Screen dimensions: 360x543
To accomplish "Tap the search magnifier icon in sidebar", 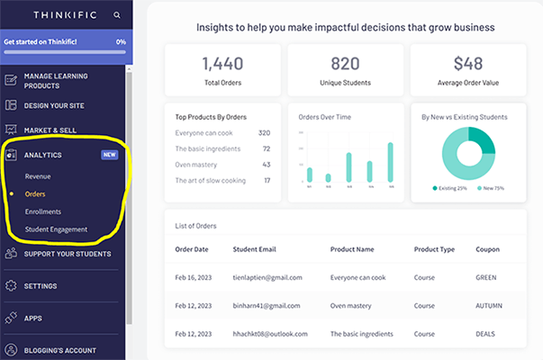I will coord(117,15).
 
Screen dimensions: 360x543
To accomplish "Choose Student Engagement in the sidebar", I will coord(56,229).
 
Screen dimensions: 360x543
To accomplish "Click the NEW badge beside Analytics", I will coord(109,155).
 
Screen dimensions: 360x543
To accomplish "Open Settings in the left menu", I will coord(41,286).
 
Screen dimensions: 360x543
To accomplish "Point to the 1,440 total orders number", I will coord(222,64).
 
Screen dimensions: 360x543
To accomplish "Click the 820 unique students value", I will coord(345,64).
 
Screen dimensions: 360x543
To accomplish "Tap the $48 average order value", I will coord(468,64).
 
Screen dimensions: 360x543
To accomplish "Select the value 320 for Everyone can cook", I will coord(264,132).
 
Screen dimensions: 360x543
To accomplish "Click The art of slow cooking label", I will coord(211,181).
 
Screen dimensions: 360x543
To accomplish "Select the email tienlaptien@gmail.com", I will coord(267,278).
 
